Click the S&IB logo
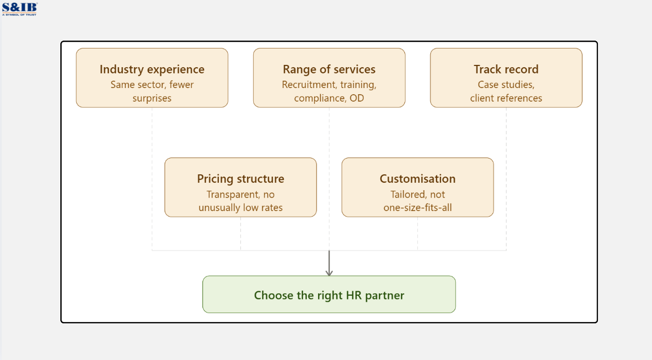click(19, 8)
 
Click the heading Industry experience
click(152, 69)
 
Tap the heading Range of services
click(329, 69)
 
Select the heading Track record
click(506, 69)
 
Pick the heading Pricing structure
click(240, 179)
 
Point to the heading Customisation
click(417, 179)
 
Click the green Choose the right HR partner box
click(329, 295)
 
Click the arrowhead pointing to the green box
click(329, 273)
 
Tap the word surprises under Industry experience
click(152, 98)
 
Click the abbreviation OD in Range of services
click(357, 98)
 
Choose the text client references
click(506, 98)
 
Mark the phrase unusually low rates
click(240, 208)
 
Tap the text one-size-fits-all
click(417, 208)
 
